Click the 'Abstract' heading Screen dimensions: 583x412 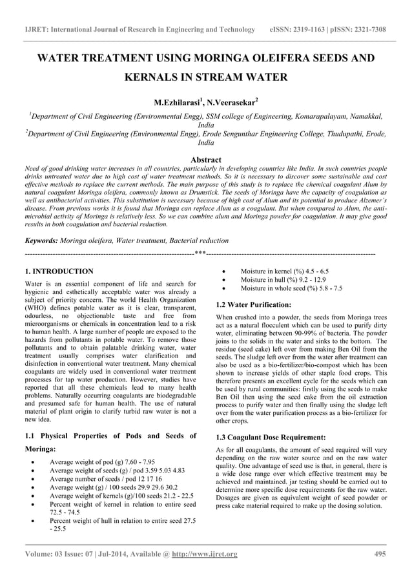[x=206, y=159]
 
